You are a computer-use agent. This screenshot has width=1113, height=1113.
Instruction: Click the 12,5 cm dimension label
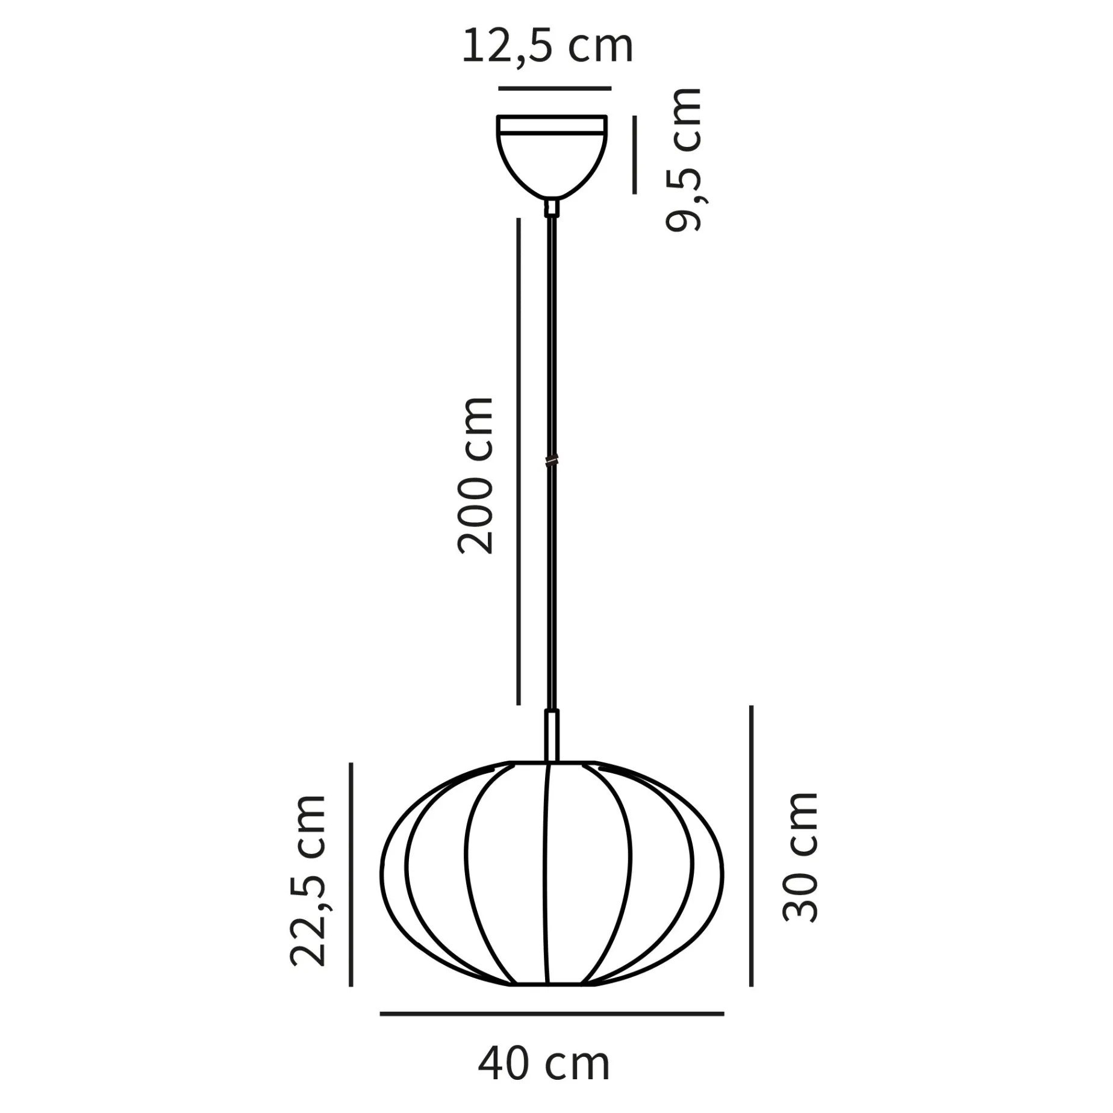pos(547,46)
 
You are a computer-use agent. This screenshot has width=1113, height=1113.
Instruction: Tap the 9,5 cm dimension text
pos(684,160)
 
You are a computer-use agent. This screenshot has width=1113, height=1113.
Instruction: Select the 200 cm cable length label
pos(476,475)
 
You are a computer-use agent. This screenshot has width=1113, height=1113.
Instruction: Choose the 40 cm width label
pos(544,1064)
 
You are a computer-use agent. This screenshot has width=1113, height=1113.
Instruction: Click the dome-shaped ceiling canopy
pos(552,157)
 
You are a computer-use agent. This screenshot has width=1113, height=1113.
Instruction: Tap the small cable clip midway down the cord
pos(551,461)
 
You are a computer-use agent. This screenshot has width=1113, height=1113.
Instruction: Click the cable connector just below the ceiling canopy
pos(552,208)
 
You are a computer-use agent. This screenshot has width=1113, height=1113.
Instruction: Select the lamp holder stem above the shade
pos(552,735)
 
